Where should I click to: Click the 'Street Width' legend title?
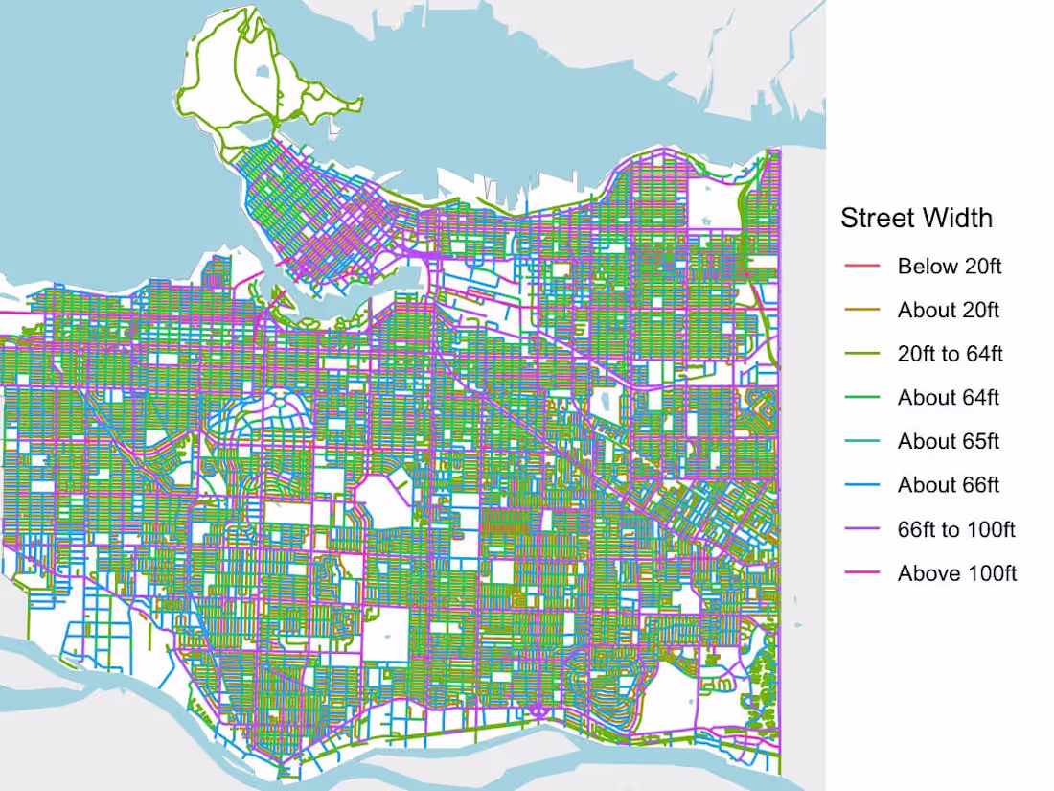coord(916,219)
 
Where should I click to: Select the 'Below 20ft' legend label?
coord(949,267)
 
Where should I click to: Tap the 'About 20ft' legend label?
coord(948,311)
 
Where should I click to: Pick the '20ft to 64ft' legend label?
coord(950,355)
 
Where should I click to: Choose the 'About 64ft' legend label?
coord(948,398)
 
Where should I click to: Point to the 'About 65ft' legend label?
coord(948,442)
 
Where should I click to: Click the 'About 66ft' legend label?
coord(948,486)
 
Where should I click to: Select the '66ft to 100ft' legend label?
coord(955,530)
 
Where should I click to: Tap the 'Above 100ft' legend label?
coord(956,574)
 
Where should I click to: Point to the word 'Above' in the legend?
coord(925,574)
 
